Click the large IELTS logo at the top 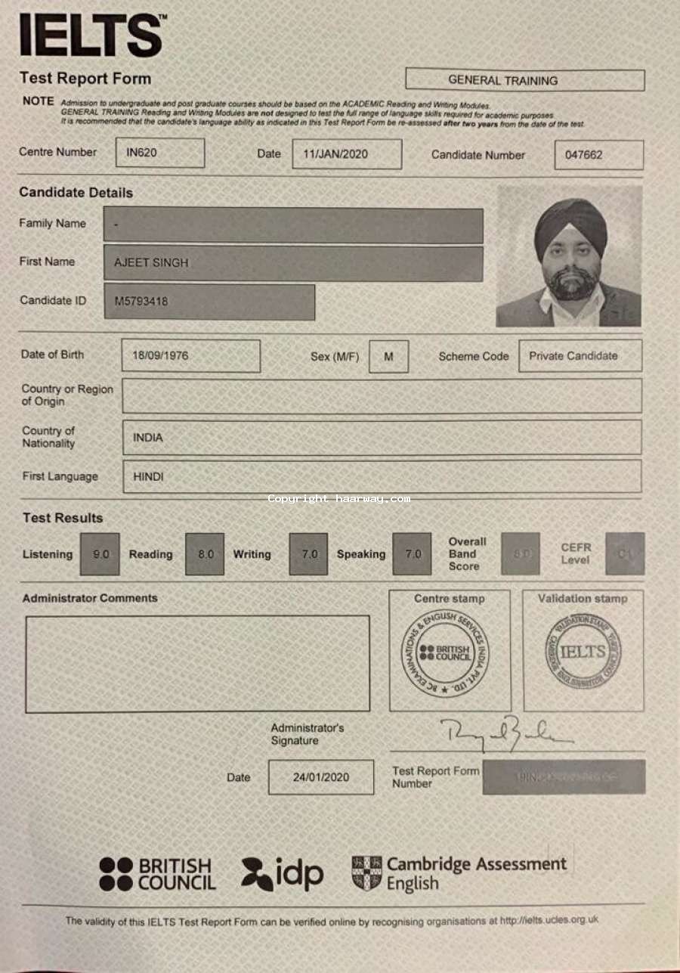[91, 35]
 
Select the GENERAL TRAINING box [524, 79]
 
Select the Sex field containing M [388, 356]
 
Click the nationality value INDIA [148, 437]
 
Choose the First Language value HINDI [148, 476]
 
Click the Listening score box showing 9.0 [100, 554]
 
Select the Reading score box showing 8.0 [205, 554]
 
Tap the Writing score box [309, 554]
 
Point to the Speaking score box [413, 554]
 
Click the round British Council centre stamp [444, 653]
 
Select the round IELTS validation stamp [583, 652]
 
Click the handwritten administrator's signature [505, 733]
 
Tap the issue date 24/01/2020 [320, 777]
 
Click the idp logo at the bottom [283, 874]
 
